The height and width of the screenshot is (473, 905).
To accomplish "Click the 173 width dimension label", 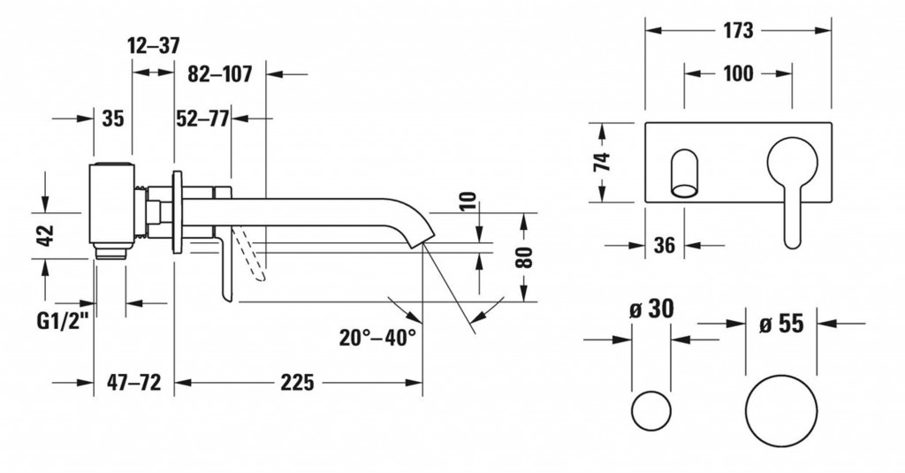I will click(x=738, y=30).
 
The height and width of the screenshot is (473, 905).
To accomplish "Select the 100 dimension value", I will click(x=738, y=73).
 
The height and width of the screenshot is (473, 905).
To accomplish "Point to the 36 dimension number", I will click(x=665, y=246).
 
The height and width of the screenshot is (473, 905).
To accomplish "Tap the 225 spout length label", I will click(x=298, y=383).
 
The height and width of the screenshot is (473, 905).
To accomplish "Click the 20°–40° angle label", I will click(x=376, y=337).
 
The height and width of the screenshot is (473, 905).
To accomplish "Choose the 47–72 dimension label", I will click(x=133, y=383).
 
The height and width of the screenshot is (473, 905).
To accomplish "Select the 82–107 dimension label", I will click(x=220, y=75).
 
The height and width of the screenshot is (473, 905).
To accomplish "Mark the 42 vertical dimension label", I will click(x=46, y=234).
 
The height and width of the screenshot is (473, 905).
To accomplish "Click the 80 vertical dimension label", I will click(x=525, y=257).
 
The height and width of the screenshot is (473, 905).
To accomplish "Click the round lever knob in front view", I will click(x=791, y=164).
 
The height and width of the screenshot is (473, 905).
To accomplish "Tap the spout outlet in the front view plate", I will click(x=686, y=172).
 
